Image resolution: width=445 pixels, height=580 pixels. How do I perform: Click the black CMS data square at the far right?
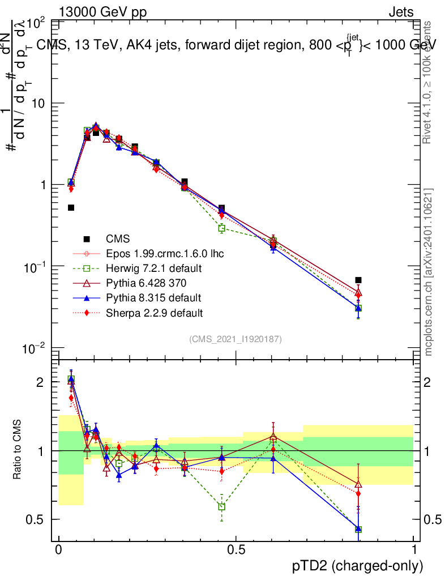tap(358, 280)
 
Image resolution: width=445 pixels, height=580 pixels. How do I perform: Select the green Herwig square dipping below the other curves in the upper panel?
tap(222, 228)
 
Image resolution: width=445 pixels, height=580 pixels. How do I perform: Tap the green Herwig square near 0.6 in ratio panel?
tap(273, 438)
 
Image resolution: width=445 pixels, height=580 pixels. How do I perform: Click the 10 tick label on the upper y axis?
tap(39, 104)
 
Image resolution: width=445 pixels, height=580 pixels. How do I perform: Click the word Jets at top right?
tap(401, 12)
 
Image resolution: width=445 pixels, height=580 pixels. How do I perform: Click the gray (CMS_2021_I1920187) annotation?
tap(236, 339)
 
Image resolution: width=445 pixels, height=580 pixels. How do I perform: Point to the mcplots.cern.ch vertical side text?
tap(429, 272)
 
